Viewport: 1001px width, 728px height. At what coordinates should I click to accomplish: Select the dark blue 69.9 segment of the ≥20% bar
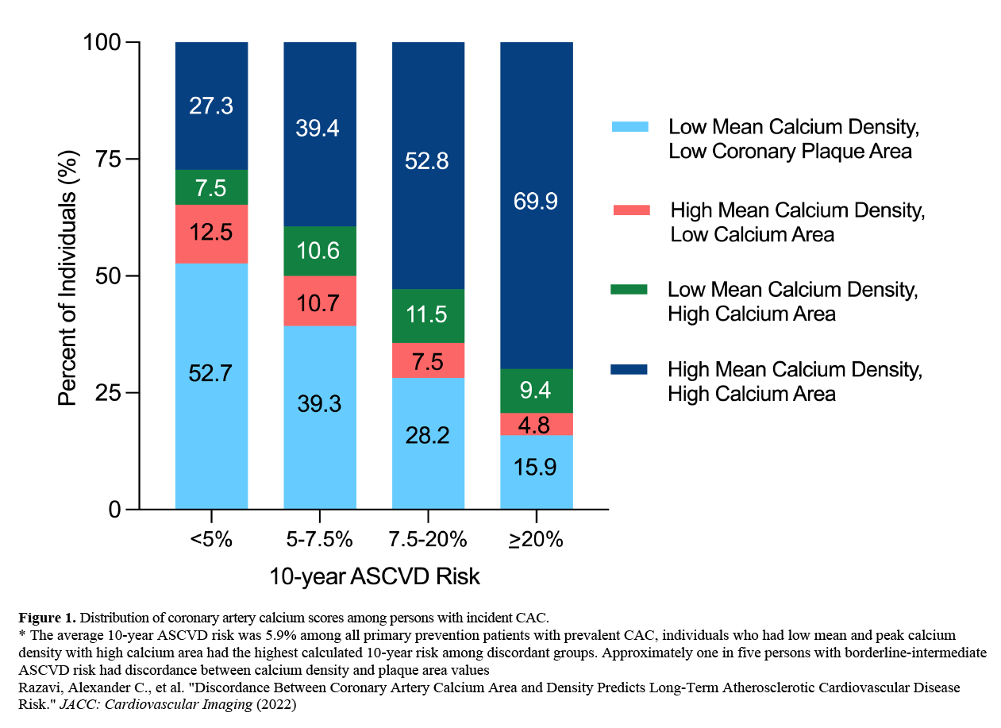coord(536,202)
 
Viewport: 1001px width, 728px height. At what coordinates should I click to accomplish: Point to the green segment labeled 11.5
coord(428,316)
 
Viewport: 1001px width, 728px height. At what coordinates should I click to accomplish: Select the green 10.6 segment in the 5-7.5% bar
coord(319,252)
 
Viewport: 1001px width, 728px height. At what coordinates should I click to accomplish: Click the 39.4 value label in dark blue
coord(319,128)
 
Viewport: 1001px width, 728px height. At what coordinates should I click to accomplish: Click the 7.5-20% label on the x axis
coord(428,540)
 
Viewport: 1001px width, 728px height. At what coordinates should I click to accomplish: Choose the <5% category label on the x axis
coord(210,540)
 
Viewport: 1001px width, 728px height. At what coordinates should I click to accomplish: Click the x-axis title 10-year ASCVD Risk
coord(375,576)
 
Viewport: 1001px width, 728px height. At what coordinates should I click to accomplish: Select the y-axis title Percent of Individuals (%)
coord(68,275)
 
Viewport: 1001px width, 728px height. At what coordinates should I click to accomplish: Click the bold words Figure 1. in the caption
coord(47,617)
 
